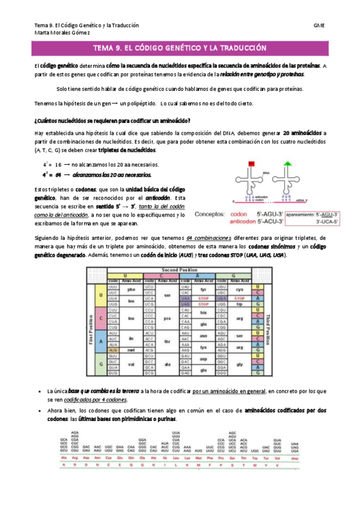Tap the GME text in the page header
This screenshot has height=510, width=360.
(319, 26)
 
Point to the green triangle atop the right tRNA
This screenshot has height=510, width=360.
(288, 163)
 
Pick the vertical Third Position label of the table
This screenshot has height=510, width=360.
(267, 330)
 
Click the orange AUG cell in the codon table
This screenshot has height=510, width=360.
(113, 349)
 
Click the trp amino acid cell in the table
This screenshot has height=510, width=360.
(239, 304)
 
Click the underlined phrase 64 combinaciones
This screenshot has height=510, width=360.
(208, 238)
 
